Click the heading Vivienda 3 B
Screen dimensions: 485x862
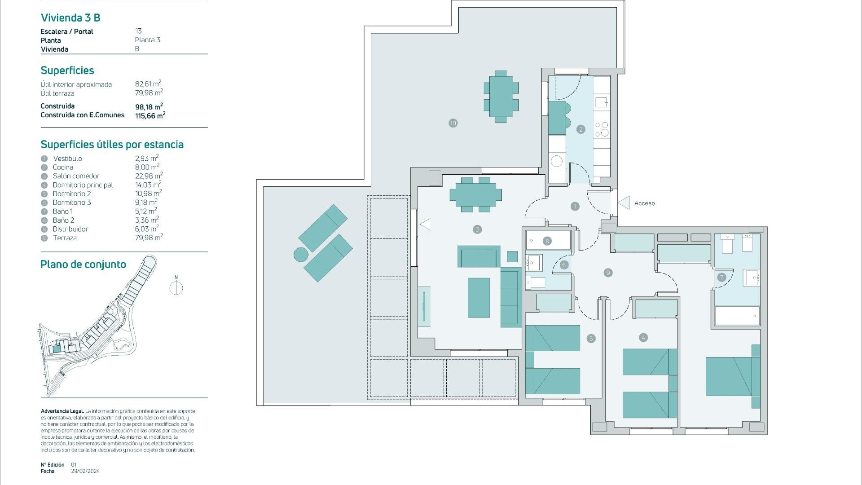(x=70, y=18)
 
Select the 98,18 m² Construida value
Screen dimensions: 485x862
(x=149, y=107)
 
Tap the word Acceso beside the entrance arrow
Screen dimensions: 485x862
(x=644, y=203)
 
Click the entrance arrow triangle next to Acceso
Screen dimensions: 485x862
(x=624, y=203)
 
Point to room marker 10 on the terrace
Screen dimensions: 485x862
(x=453, y=123)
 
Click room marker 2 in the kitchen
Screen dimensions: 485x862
(x=581, y=129)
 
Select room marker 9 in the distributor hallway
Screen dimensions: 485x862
(x=608, y=273)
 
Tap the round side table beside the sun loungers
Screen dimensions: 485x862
(x=301, y=255)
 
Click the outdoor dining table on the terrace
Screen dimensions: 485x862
(x=501, y=96)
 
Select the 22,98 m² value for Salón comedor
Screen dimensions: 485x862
(x=149, y=176)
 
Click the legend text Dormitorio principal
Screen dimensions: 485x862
(x=83, y=185)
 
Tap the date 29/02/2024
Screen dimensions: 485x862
(x=85, y=471)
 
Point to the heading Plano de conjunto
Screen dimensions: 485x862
(x=83, y=265)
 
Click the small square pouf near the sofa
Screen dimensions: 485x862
(x=512, y=256)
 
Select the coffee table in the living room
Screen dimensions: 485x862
(x=479, y=297)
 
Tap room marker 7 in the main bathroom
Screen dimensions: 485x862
(x=721, y=277)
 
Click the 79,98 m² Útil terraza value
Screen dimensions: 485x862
(x=149, y=93)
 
